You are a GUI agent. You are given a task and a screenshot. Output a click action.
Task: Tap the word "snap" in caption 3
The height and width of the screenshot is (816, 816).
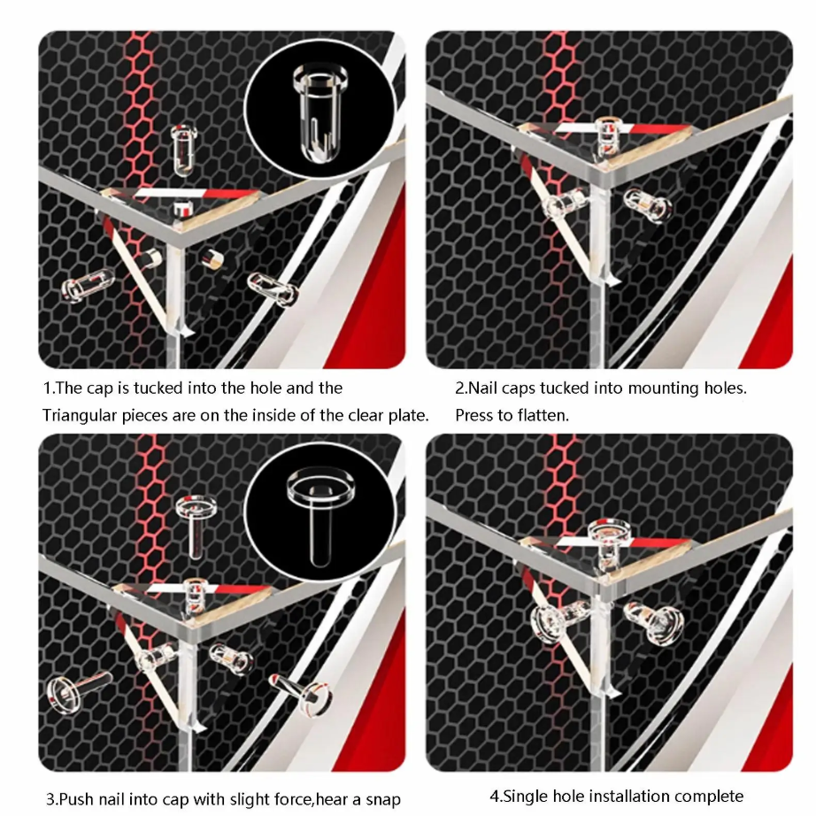point(382,798)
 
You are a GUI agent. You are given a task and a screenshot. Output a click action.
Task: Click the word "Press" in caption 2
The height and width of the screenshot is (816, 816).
point(474,415)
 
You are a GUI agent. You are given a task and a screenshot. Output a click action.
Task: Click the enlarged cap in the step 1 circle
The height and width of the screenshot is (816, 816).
point(319,111)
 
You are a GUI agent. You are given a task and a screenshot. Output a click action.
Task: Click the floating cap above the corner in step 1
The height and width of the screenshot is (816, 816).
point(184,150)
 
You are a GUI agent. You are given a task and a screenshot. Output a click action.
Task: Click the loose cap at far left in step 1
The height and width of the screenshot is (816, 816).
point(87,284)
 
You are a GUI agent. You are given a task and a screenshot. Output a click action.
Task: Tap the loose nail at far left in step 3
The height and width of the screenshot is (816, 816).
point(76,689)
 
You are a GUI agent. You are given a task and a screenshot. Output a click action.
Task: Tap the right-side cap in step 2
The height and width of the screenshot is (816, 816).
point(647,204)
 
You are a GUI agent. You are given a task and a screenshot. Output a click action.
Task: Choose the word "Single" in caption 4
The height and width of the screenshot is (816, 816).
point(525,797)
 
